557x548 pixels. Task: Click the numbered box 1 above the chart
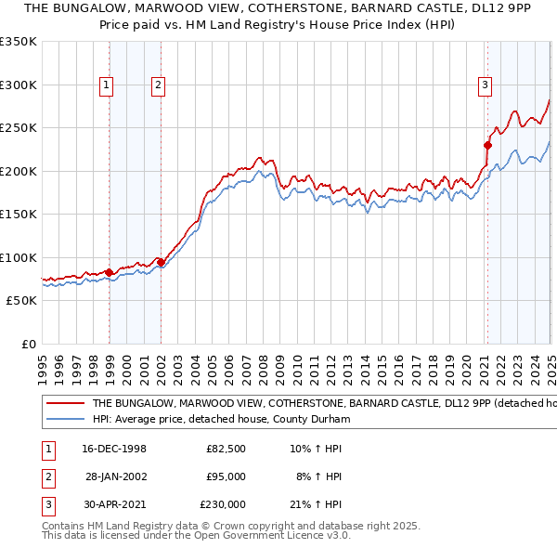point(107,85)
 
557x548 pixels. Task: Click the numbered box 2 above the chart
point(159,85)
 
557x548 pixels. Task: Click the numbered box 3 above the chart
point(485,85)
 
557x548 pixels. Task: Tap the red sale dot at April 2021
point(486,145)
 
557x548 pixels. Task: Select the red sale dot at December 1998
point(110,272)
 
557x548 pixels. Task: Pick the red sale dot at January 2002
point(162,262)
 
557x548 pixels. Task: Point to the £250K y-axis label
point(19,127)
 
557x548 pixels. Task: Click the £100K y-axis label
point(19,257)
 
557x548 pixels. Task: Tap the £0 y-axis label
point(27,344)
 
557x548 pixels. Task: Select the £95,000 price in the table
point(225,476)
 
